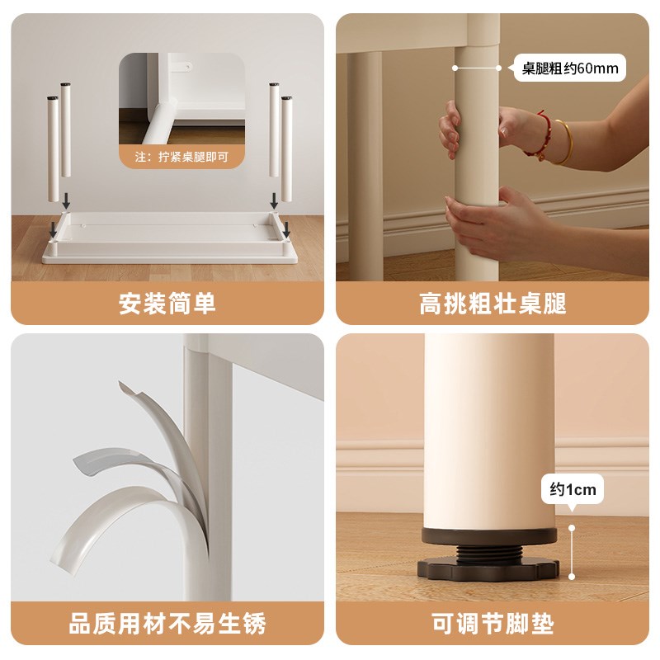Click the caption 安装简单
tap(167, 303)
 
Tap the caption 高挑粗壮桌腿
tap(493, 303)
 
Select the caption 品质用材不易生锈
tap(167, 624)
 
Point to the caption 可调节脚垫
tap(493, 624)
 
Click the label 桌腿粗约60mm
tap(570, 68)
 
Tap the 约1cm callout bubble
tap(573, 489)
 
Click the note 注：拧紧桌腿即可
tap(181, 157)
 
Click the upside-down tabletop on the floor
tap(170, 238)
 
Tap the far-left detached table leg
tap(53, 149)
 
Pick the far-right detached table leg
tap(286, 149)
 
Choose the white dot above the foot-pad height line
tap(572, 528)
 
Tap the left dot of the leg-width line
tap(455, 68)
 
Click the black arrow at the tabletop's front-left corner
tap(53, 230)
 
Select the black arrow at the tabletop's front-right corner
tap(286, 230)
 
